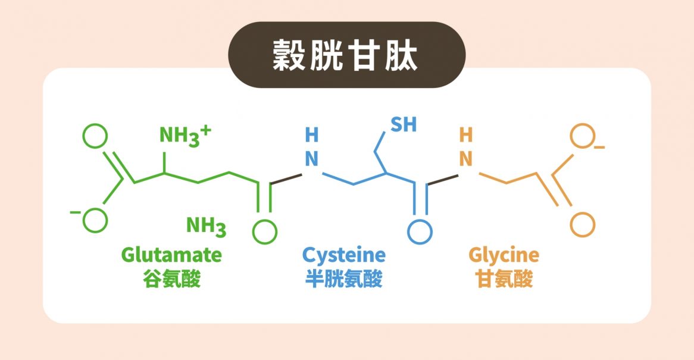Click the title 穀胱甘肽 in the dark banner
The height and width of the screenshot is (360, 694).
[x=345, y=55]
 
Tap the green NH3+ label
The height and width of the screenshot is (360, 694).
[x=186, y=136]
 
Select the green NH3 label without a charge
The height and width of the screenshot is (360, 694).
[x=207, y=227]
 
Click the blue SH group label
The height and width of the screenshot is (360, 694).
[x=404, y=125]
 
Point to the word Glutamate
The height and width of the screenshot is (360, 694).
[x=171, y=255]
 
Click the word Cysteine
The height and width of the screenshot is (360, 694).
[x=344, y=256]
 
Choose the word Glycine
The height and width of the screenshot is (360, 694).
[x=504, y=256]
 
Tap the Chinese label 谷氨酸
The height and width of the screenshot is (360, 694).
[x=172, y=280]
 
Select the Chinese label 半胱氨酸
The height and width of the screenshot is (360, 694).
[x=344, y=280]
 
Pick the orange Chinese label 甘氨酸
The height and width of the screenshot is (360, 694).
[x=504, y=280]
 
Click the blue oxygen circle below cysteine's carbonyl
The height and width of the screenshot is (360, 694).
[x=420, y=231]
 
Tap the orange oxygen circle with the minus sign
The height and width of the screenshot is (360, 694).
[x=583, y=136]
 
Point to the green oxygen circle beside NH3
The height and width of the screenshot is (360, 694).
[x=265, y=231]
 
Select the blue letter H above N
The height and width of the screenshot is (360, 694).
[x=312, y=135]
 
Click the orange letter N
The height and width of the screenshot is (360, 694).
[x=465, y=159]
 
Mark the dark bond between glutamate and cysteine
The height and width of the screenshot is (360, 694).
[x=286, y=179]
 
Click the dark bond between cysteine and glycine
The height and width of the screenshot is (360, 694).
[x=442, y=180]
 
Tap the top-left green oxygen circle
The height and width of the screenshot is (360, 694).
[x=95, y=136]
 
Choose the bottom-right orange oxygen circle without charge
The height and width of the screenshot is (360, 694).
[x=583, y=225]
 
